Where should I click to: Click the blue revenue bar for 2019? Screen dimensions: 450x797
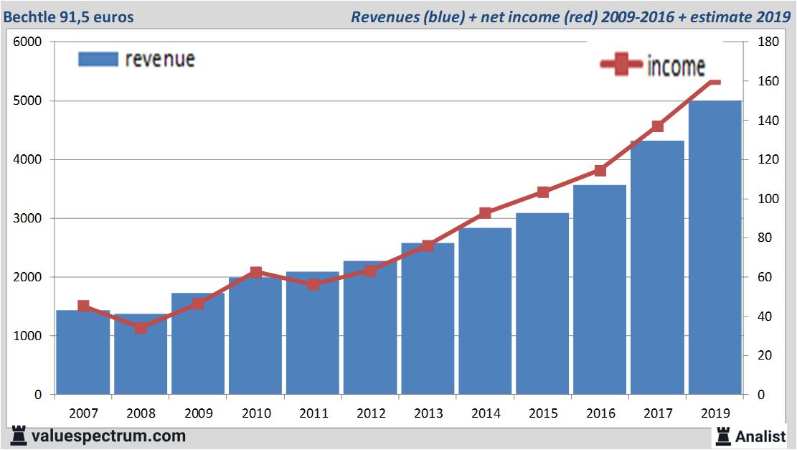click(x=715, y=248)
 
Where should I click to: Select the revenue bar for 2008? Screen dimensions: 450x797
click(x=141, y=355)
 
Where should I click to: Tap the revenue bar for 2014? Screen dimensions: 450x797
click(x=485, y=311)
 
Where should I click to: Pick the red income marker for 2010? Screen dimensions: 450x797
click(x=256, y=272)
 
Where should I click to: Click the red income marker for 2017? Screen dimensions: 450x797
click(x=658, y=126)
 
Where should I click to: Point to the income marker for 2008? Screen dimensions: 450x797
click(x=141, y=328)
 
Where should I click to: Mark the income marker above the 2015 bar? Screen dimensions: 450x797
click(x=543, y=192)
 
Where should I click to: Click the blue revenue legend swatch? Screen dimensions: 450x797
click(x=98, y=59)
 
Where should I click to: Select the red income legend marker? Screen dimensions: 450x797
click(x=621, y=65)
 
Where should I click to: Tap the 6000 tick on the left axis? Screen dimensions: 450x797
click(x=28, y=42)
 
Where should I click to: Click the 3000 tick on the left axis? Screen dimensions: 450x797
click(x=28, y=218)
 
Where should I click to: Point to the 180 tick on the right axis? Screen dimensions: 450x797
click(x=768, y=42)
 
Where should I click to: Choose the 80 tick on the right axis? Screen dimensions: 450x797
click(x=765, y=238)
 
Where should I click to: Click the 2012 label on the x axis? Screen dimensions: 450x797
click(x=371, y=413)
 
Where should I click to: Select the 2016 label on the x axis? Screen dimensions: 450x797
click(x=600, y=413)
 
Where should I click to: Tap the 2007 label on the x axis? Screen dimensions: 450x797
click(x=83, y=413)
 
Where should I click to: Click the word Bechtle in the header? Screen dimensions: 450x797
click(x=29, y=17)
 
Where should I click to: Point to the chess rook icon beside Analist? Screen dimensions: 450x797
click(x=722, y=436)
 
